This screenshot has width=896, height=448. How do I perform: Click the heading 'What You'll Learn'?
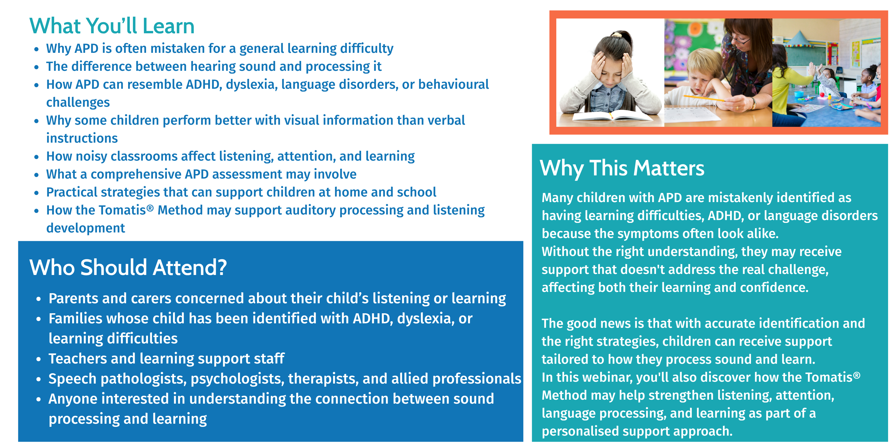(112, 26)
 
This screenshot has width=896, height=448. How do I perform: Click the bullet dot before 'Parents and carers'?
(39, 299)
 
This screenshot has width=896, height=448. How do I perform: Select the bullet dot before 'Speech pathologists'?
(39, 379)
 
